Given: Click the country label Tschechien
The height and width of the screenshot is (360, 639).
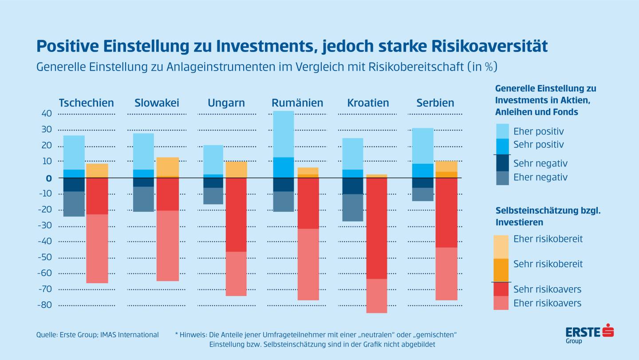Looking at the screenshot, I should [x=86, y=103].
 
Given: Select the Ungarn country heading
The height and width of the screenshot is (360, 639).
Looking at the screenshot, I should [x=226, y=103].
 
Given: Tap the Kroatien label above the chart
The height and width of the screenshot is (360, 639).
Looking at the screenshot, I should [x=368, y=103].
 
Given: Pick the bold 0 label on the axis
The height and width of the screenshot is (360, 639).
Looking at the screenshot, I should [x=49, y=178].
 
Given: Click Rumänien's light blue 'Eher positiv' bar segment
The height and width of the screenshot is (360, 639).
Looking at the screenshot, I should [x=283, y=134].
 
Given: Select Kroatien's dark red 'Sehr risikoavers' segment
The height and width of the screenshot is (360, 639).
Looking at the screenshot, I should [x=377, y=228].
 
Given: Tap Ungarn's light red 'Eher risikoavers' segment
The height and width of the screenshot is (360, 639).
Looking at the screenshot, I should [x=236, y=273].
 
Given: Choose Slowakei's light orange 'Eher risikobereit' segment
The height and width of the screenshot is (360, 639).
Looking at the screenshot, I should [x=168, y=166].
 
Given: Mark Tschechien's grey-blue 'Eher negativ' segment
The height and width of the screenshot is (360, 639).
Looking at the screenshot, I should [x=74, y=204].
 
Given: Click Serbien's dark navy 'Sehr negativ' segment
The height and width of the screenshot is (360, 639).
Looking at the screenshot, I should [x=422, y=182].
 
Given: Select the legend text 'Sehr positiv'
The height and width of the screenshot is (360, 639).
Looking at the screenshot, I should [x=538, y=144].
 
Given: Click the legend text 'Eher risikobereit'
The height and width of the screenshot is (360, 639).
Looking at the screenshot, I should [x=548, y=239].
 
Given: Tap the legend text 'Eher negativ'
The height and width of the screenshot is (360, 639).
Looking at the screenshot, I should [x=540, y=177].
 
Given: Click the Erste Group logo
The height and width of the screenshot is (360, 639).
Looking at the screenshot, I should [x=589, y=334].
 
